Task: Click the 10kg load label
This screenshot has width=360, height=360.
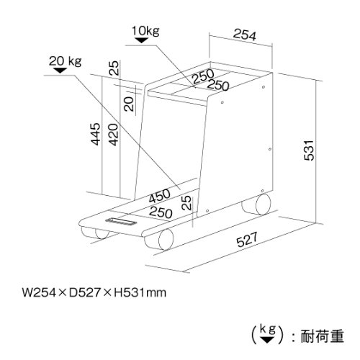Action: [145, 31]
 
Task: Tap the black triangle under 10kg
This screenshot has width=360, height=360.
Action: [142, 40]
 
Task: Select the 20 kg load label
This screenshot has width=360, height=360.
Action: [66, 61]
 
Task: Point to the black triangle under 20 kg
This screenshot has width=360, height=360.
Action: [60, 71]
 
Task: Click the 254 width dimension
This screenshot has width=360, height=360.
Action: [245, 35]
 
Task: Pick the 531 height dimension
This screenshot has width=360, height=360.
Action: [309, 150]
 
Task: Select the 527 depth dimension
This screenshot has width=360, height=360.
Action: [247, 239]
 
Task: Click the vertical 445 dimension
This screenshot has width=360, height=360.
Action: [96, 134]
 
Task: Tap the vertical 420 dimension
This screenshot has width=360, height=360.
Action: [114, 135]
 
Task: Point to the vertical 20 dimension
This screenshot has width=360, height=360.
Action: [130, 104]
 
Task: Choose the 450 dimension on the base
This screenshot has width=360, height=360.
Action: [159, 196]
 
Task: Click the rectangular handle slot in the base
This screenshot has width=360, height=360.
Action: [121, 221]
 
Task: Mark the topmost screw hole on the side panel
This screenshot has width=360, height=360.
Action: [264, 87]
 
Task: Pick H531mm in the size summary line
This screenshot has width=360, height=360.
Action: [140, 293]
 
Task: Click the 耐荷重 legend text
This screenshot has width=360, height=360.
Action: [323, 336]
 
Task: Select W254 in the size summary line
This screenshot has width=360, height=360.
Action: [39, 293]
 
